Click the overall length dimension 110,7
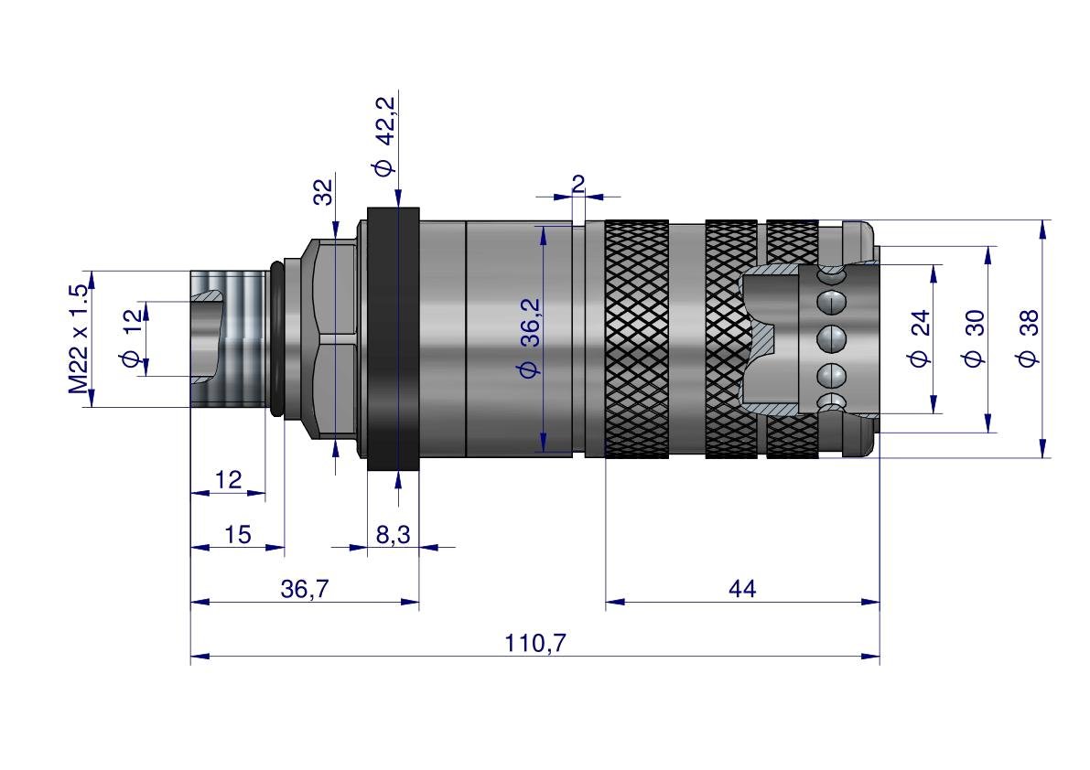click(535, 644)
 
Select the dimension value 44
click(741, 590)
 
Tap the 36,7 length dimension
click(304, 590)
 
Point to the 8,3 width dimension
click(393, 535)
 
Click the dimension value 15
click(237, 535)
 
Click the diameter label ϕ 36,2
click(530, 338)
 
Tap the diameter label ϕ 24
click(920, 338)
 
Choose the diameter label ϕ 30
click(974, 338)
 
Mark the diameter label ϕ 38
click(1028, 338)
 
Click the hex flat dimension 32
click(323, 191)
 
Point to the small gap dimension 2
click(578, 184)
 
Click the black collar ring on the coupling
click(394, 339)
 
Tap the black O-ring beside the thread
click(276, 339)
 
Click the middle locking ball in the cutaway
click(831, 339)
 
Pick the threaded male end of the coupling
click(229, 339)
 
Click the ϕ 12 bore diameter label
click(133, 338)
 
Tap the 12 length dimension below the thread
click(229, 480)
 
